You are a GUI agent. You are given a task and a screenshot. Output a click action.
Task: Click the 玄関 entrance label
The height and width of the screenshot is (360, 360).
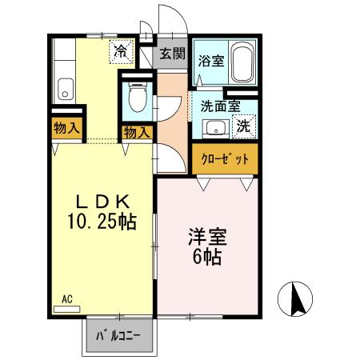click(x=170, y=54)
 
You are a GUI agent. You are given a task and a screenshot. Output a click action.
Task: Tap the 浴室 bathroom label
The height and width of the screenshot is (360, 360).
click(x=211, y=59)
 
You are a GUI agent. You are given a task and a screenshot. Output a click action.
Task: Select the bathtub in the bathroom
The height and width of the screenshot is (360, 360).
click(x=244, y=62)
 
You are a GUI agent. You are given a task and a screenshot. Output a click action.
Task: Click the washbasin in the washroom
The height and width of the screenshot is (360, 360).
click(x=214, y=127)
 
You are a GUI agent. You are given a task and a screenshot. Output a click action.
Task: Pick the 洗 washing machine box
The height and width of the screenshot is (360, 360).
click(x=245, y=125)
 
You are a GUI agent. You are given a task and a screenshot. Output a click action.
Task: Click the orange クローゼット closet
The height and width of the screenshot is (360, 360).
click(x=226, y=158)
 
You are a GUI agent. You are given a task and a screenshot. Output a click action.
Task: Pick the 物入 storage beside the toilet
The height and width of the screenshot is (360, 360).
click(x=136, y=132)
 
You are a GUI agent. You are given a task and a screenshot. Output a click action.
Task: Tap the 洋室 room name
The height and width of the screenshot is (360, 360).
click(x=208, y=238)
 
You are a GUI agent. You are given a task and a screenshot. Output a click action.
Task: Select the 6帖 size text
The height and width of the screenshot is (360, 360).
click(x=208, y=258)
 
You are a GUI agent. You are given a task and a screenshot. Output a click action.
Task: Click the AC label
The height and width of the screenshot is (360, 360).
click(x=67, y=299)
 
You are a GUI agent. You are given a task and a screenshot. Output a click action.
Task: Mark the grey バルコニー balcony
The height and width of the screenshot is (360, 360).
click(x=118, y=334)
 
